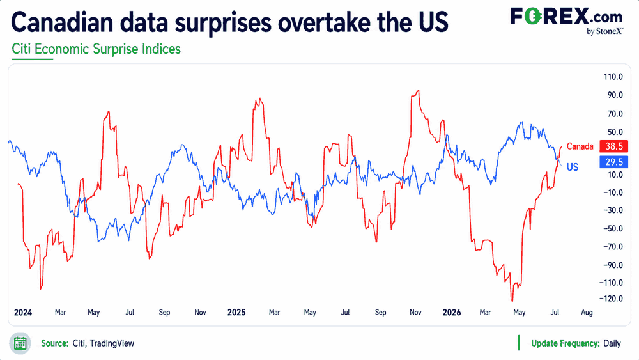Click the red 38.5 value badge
tap(613, 146)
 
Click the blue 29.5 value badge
tap(613, 162)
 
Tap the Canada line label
tap(580, 146)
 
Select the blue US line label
tap(573, 167)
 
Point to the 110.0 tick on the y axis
tap(613, 77)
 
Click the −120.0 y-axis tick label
tap(611, 299)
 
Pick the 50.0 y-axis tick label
tap(615, 132)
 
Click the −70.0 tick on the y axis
tap(613, 247)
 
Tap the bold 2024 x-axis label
tap(23, 312)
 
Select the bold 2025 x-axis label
tap(236, 312)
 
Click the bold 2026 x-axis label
tap(452, 312)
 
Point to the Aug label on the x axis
tap(587, 312)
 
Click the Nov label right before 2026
tap(415, 312)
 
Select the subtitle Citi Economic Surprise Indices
tap(96, 49)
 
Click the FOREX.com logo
tap(566, 20)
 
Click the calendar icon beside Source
tap(20, 343)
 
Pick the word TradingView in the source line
tap(112, 343)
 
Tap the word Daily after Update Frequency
tap(612, 343)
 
